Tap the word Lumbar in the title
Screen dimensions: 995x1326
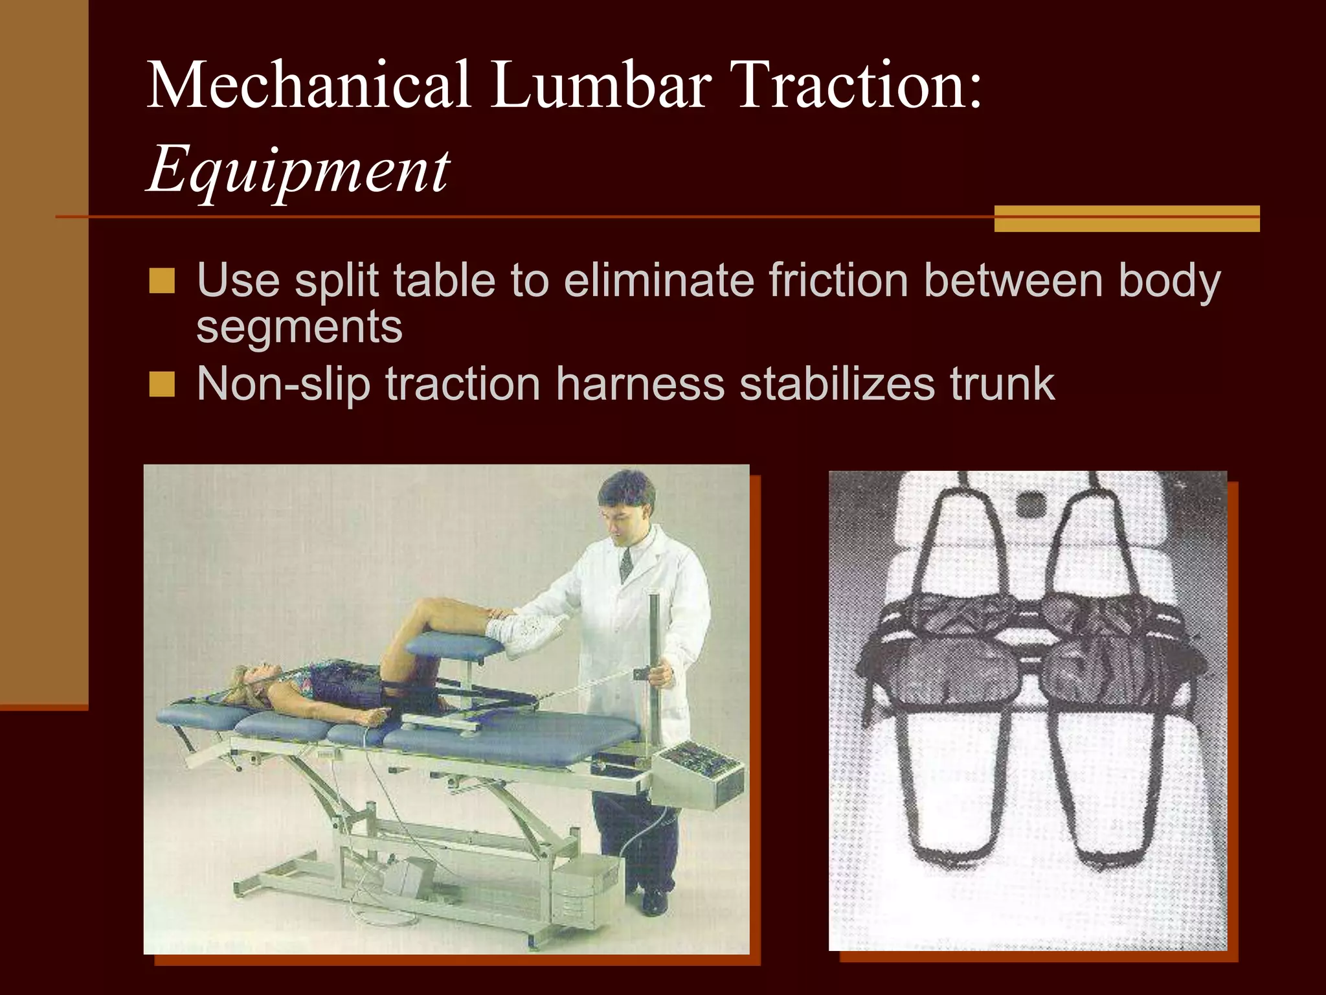(601, 85)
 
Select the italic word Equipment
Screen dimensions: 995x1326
(298, 170)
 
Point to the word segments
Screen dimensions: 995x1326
(299, 326)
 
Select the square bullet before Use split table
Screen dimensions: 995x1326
(162, 281)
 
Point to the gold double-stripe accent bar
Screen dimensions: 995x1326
(1127, 218)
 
